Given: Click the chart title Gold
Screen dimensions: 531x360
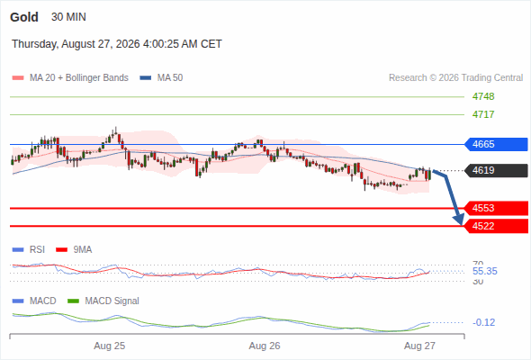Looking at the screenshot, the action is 24,17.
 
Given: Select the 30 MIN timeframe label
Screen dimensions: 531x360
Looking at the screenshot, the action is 68,17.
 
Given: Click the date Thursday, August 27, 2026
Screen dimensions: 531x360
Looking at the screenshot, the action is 76,44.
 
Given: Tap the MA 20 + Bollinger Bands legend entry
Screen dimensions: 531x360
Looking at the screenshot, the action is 70,78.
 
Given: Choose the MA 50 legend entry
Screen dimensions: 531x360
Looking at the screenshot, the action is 161,78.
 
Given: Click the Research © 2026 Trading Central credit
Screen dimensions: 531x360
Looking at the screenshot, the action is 455,78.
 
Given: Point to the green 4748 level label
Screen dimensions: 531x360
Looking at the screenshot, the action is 483,96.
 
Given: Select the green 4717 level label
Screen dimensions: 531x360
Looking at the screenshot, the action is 483,114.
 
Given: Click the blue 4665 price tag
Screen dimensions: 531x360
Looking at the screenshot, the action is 496,144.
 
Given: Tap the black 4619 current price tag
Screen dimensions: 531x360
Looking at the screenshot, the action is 496,170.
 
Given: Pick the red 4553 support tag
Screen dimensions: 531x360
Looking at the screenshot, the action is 496,208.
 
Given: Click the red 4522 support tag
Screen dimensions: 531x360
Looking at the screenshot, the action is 496,226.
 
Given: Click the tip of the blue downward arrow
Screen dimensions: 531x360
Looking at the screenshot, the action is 461,224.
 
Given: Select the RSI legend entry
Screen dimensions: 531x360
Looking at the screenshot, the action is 29,249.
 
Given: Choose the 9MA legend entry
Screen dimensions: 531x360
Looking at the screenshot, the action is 74,249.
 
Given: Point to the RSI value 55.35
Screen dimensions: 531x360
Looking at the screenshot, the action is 484,271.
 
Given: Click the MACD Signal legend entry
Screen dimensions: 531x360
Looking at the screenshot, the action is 103,301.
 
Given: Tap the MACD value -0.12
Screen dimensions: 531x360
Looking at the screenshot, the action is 483,322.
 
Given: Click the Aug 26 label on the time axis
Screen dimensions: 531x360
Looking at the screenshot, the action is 265,346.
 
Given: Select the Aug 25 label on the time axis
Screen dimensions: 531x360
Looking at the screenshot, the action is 110,346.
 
